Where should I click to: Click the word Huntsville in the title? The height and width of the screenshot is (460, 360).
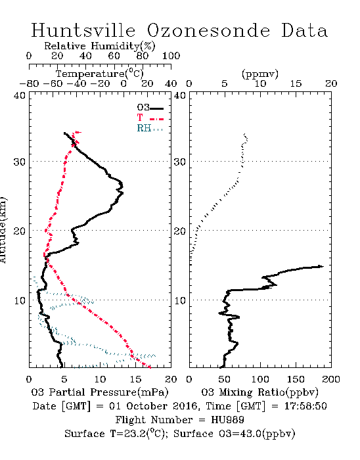pyautogui.click(x=83, y=30)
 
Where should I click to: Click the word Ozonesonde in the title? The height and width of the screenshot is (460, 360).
pyautogui.click(x=208, y=30)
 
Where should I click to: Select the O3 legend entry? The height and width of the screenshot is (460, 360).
pyautogui.click(x=150, y=108)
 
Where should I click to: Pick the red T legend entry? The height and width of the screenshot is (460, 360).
pyautogui.click(x=150, y=118)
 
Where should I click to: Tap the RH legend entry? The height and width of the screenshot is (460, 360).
pyautogui.click(x=150, y=128)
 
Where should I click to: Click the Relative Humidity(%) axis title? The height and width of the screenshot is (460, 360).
pyautogui.click(x=100, y=46)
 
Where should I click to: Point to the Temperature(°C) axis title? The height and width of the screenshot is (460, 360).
pyautogui.click(x=100, y=74)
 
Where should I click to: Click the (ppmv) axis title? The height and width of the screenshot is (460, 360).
pyautogui.click(x=260, y=74)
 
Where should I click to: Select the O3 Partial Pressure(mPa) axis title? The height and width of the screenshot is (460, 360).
pyautogui.click(x=100, y=392)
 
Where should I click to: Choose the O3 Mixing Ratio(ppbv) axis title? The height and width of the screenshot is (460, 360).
pyautogui.click(x=259, y=392)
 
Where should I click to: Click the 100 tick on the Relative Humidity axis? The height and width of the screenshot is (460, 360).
pyautogui.click(x=171, y=56)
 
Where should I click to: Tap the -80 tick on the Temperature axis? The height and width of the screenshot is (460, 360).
pyautogui.click(x=29, y=83)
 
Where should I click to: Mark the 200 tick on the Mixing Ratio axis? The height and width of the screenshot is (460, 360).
pyautogui.click(x=331, y=379)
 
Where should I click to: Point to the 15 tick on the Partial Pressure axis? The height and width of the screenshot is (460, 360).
pyautogui.click(x=135, y=379)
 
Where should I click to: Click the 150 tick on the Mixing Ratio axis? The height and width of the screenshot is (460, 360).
pyautogui.click(x=296, y=379)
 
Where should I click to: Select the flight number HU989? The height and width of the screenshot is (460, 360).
pyautogui.click(x=227, y=420)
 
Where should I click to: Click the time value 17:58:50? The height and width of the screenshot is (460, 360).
pyautogui.click(x=305, y=406)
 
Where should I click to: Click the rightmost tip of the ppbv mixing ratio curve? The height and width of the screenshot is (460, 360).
pyautogui.click(x=323, y=266)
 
